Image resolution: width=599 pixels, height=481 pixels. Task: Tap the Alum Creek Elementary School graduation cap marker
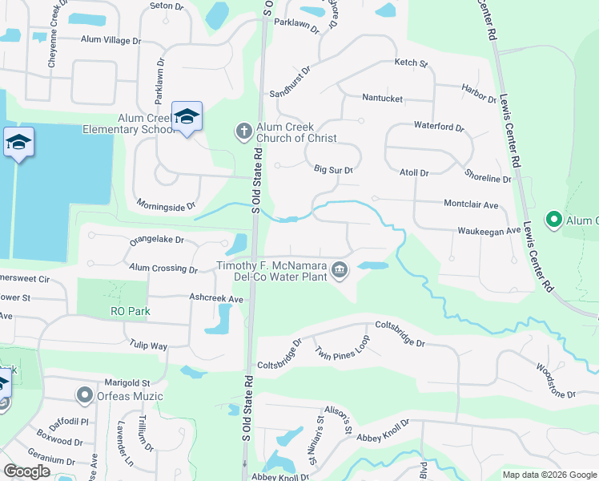tap(187, 117)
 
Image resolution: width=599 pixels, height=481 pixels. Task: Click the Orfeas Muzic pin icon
tap(84, 395)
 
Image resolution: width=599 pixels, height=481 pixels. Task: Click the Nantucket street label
tap(382, 99)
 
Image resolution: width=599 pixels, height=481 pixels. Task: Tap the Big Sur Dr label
tap(333, 170)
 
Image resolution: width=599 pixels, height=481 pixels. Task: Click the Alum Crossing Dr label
tap(163, 269)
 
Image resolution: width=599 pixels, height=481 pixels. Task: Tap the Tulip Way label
tap(148, 346)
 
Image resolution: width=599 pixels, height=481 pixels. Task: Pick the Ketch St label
tap(412, 63)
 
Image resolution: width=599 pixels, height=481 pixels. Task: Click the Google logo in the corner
tap(26, 471)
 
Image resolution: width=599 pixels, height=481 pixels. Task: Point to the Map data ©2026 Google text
tap(549, 475)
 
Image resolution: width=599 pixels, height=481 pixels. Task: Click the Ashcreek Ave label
tap(215, 299)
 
